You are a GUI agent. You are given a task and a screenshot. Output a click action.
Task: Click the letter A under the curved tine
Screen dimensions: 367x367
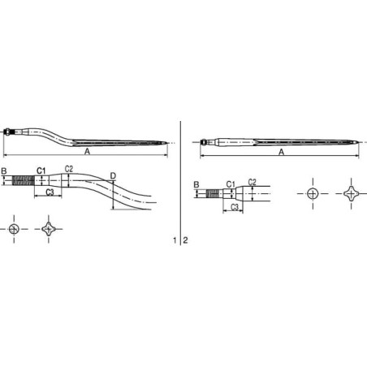[x=87, y=152]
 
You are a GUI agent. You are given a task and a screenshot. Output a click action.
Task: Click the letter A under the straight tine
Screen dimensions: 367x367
[x=282, y=152]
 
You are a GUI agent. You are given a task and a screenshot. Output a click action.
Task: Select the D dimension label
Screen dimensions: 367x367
[x=113, y=176]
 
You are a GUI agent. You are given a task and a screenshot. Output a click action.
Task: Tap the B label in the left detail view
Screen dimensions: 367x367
[x=4, y=171]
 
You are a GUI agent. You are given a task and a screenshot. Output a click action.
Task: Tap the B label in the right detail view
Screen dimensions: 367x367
[x=196, y=185]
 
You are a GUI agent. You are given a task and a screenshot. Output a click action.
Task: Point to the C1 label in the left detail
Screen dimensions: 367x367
[x=41, y=171]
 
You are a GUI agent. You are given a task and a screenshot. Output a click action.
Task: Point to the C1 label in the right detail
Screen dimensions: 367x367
[x=231, y=184]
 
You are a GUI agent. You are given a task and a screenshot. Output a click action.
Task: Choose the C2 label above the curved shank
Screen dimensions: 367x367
[x=69, y=169]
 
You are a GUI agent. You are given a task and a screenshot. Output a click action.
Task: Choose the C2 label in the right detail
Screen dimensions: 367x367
[x=252, y=182]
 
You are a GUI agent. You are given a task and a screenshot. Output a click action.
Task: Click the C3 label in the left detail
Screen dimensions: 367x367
[x=50, y=192]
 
